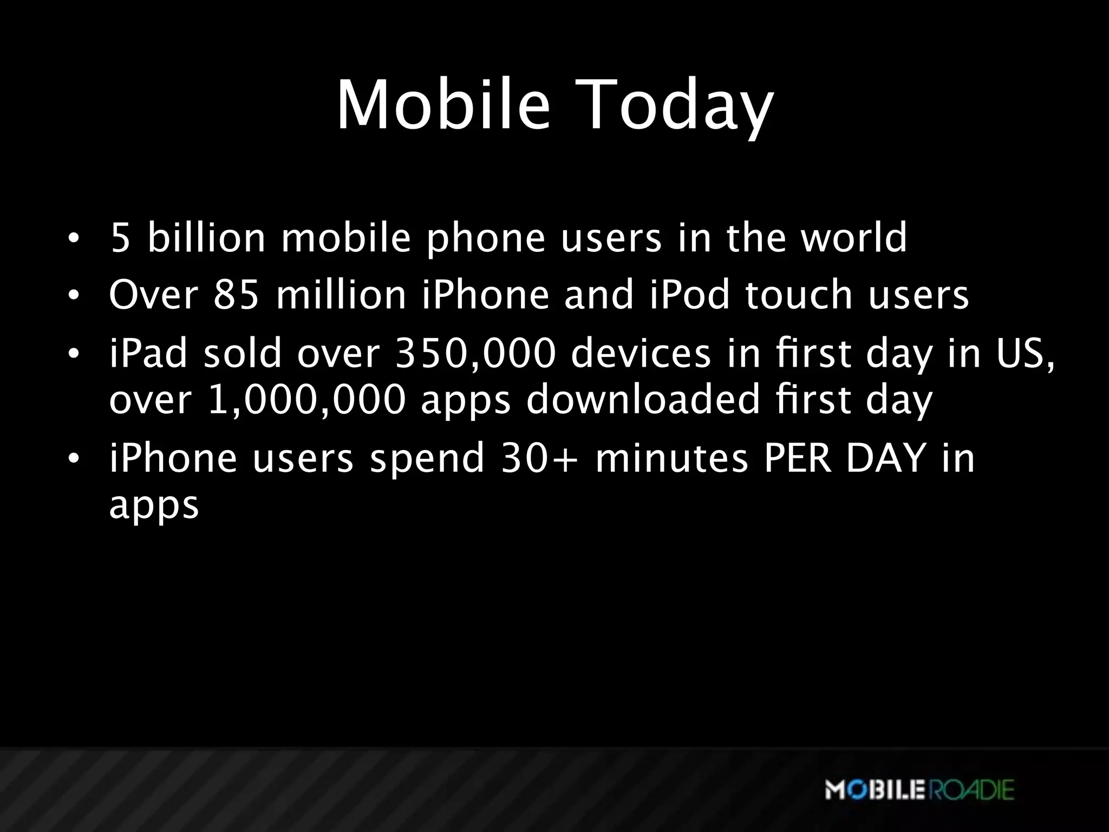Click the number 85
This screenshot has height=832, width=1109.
[x=237, y=295]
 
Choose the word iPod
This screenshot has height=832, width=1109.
[x=689, y=295]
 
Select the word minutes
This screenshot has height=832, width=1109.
[x=671, y=458]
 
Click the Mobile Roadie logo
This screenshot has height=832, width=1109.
[x=919, y=790]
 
